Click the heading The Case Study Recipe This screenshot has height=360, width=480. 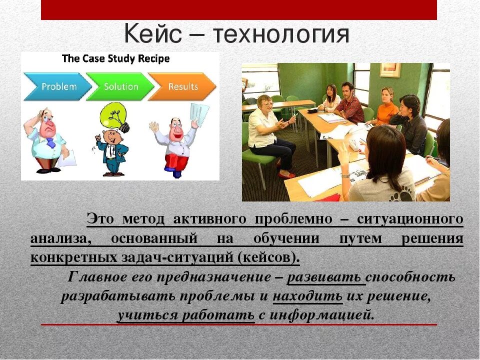pos(115,58)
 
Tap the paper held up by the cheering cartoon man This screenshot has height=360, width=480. pos(198,113)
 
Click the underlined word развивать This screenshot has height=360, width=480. pos(327,277)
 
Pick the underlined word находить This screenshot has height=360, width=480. pos(307,296)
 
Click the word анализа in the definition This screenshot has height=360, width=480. pos(60,238)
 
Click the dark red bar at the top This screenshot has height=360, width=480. pos(238,9)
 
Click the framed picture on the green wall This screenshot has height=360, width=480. pos(389,69)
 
